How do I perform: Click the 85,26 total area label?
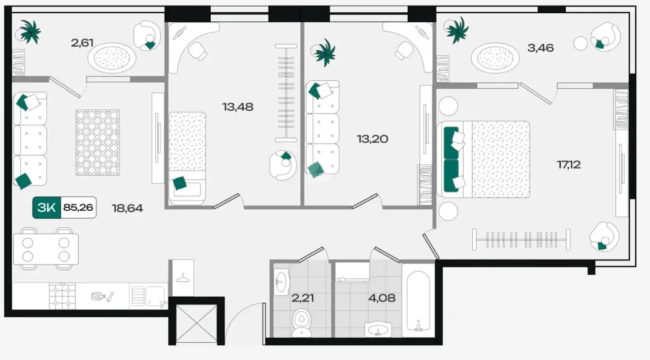(x=78, y=207)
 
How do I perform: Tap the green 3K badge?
(x=46, y=207)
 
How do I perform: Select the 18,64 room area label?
(x=127, y=208)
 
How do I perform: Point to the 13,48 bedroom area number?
(x=238, y=107)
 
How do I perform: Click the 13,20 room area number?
(x=372, y=139)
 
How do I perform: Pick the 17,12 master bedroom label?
(x=569, y=165)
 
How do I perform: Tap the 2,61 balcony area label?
(x=82, y=43)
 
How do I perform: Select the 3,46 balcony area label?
(x=540, y=48)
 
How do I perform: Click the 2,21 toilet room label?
(x=302, y=298)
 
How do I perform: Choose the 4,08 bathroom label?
(x=381, y=298)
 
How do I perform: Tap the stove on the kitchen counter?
(x=62, y=296)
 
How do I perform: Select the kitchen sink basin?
(x=155, y=296)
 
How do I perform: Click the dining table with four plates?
(x=46, y=249)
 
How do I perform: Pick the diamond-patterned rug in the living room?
(x=97, y=143)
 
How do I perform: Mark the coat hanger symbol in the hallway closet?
(x=183, y=278)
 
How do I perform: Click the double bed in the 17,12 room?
(x=483, y=159)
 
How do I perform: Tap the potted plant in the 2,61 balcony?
(x=29, y=32)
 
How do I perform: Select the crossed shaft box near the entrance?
(x=197, y=323)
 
